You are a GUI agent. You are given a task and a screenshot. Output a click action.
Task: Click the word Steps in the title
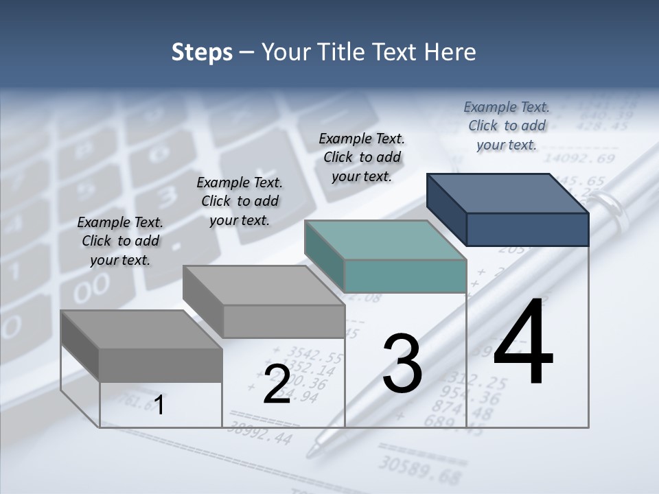click(202, 52)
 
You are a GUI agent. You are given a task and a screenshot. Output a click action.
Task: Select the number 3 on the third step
click(402, 364)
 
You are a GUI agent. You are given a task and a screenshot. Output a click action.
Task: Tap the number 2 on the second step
click(277, 384)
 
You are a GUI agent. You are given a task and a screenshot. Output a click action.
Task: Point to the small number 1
click(159, 405)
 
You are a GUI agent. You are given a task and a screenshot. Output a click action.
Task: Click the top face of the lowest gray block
click(141, 329)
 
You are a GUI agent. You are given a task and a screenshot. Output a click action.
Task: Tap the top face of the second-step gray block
click(264, 285)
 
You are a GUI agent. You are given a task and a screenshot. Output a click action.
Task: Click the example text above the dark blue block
click(507, 126)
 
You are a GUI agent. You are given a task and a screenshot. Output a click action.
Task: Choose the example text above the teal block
click(362, 157)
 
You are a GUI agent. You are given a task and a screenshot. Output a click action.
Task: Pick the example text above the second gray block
click(240, 201)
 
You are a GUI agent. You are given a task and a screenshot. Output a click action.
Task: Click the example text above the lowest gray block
click(120, 241)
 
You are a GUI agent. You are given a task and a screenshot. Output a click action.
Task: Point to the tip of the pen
click(312, 453)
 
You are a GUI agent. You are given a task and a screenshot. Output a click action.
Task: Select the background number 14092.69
click(583, 159)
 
